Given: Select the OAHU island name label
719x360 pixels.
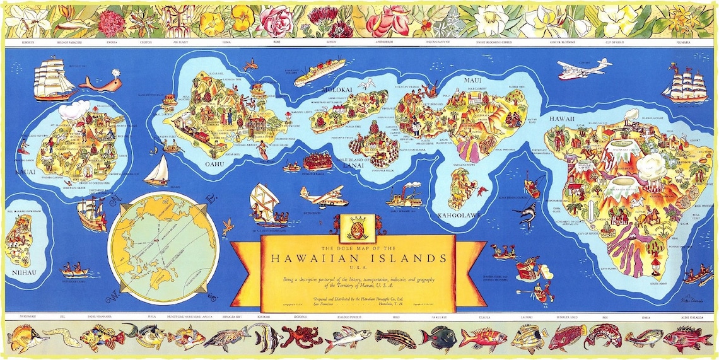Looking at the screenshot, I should click(214, 165).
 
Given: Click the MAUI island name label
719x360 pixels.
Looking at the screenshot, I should click(472, 80).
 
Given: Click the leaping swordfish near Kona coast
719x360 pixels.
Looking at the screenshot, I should click(526, 214).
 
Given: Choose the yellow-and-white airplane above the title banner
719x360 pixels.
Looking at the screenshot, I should click(323, 196).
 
